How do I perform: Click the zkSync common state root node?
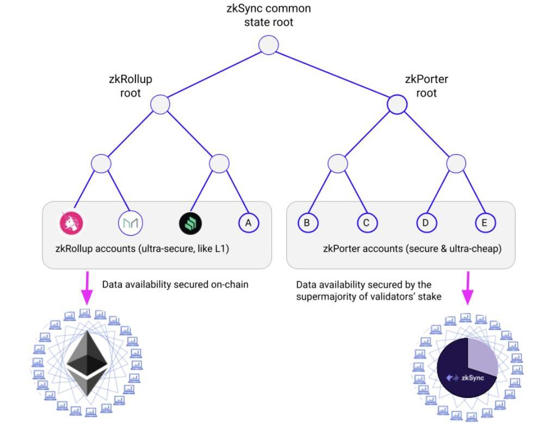(269, 46)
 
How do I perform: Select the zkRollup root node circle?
(160, 104)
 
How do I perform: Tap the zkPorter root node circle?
(397, 104)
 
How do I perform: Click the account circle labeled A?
(248, 222)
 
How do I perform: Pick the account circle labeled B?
(307, 222)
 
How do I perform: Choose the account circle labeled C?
(367, 222)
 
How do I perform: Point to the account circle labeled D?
(426, 222)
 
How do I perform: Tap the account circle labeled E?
(484, 222)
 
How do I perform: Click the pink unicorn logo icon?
(71, 222)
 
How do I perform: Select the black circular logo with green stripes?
(190, 222)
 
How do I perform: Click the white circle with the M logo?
(130, 222)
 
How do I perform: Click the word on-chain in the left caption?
(229, 284)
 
